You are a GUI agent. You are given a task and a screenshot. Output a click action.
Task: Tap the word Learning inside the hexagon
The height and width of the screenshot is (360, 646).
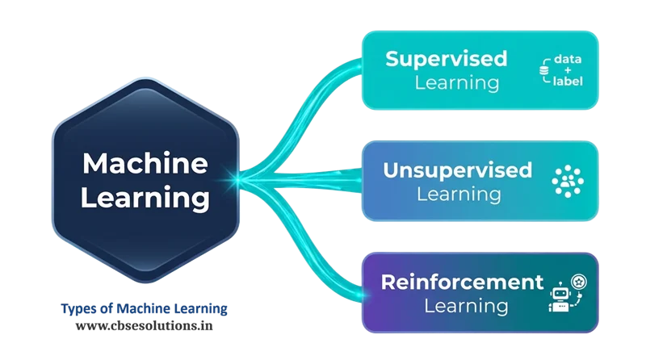pos(146,196)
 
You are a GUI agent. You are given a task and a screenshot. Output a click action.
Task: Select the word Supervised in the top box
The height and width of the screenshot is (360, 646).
pos(446,59)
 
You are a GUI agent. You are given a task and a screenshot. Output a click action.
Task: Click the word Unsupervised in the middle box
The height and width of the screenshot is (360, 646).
pos(458,170)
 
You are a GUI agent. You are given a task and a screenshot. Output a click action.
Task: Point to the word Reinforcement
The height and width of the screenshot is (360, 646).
pos(462,283)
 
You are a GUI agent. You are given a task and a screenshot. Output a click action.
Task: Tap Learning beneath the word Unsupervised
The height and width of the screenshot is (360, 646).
pos(458,194)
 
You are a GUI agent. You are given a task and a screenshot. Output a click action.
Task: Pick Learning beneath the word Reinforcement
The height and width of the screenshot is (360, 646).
pos(467,306)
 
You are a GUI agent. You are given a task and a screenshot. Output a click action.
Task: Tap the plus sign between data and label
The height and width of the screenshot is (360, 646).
pos(568,71)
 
